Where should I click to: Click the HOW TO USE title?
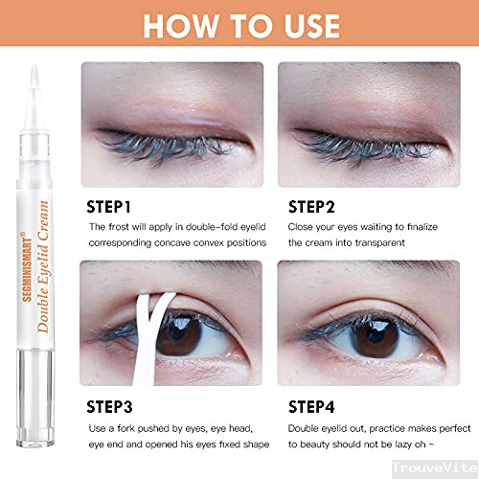tap(241, 26)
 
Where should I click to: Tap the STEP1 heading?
tap(108, 207)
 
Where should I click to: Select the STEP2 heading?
tap(311, 207)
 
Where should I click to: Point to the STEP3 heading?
tap(109, 407)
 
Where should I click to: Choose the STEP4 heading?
tap(311, 407)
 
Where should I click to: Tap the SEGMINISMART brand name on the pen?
tap(27, 266)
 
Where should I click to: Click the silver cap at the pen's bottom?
tap(35, 398)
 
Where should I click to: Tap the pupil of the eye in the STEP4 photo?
tap(376, 337)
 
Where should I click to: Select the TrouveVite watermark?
tap(435, 468)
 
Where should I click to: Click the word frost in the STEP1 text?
tap(119, 227)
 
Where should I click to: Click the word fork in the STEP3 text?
tap(125, 428)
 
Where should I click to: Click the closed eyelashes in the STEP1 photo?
tap(163, 146)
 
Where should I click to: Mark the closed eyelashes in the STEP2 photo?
tap(362, 146)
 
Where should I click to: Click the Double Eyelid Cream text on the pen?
tap(43, 266)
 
